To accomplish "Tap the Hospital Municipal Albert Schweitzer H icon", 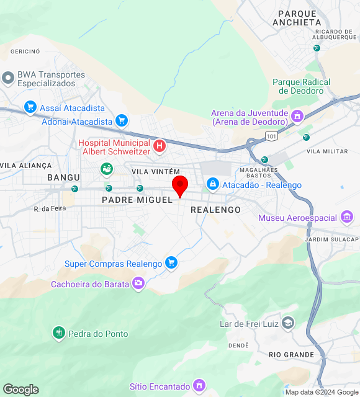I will [x=160, y=146].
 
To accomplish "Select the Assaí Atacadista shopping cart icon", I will [x=30, y=107].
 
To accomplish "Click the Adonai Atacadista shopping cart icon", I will [x=122, y=121].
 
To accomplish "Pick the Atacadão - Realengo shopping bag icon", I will [x=213, y=184].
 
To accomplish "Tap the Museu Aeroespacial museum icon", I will [x=347, y=217].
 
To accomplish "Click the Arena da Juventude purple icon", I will [x=297, y=116].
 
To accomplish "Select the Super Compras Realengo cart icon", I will [x=171, y=264].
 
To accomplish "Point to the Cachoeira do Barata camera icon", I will [x=138, y=283].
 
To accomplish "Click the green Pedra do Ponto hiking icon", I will [x=59, y=333].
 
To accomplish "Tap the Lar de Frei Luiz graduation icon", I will [x=288, y=323].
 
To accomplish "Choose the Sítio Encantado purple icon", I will [x=199, y=385].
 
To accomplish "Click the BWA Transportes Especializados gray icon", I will [x=8, y=78].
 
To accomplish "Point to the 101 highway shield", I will [x=271, y=135].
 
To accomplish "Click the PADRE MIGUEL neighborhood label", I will [x=137, y=200].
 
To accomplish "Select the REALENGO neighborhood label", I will [x=215, y=210].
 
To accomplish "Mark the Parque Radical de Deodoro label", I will [x=302, y=86].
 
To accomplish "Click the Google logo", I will [x=20, y=390].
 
